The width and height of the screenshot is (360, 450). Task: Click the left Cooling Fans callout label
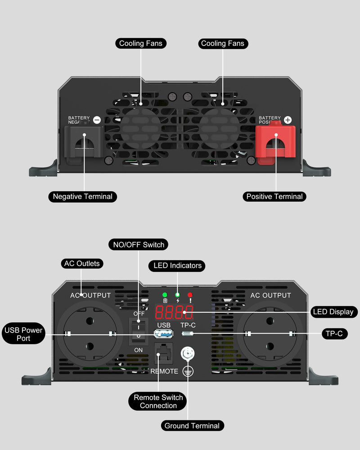click(x=140, y=44)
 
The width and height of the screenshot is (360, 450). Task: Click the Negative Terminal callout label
click(x=83, y=197)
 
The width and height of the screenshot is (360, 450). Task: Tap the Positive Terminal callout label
click(x=274, y=197)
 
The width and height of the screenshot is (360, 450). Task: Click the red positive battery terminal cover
click(x=275, y=141)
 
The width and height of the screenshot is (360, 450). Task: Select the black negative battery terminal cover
click(x=84, y=141)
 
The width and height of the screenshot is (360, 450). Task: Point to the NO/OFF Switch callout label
click(x=139, y=245)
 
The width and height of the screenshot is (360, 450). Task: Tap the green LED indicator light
click(x=165, y=295)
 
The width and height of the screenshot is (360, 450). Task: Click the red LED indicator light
click(x=190, y=295)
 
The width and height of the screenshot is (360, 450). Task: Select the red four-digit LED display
click(x=174, y=311)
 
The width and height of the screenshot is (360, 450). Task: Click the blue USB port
click(x=164, y=333)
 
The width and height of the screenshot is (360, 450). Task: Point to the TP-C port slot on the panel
click(x=188, y=334)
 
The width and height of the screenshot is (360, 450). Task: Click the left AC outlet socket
click(x=90, y=334)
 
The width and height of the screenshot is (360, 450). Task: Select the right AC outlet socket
click(x=270, y=334)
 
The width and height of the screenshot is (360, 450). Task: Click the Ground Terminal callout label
click(x=192, y=426)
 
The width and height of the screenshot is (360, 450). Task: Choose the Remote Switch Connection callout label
click(x=158, y=401)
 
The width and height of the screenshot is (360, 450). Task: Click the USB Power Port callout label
click(x=23, y=334)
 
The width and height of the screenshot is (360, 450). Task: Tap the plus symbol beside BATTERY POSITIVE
click(x=288, y=120)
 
